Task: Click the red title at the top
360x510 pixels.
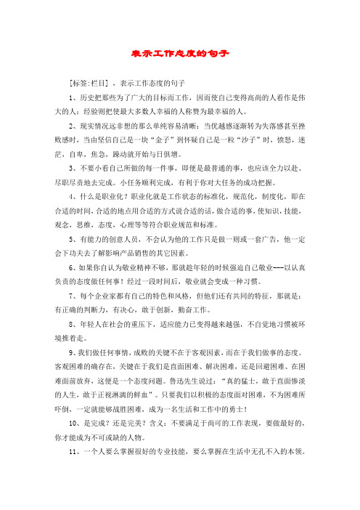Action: [x=180, y=54]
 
